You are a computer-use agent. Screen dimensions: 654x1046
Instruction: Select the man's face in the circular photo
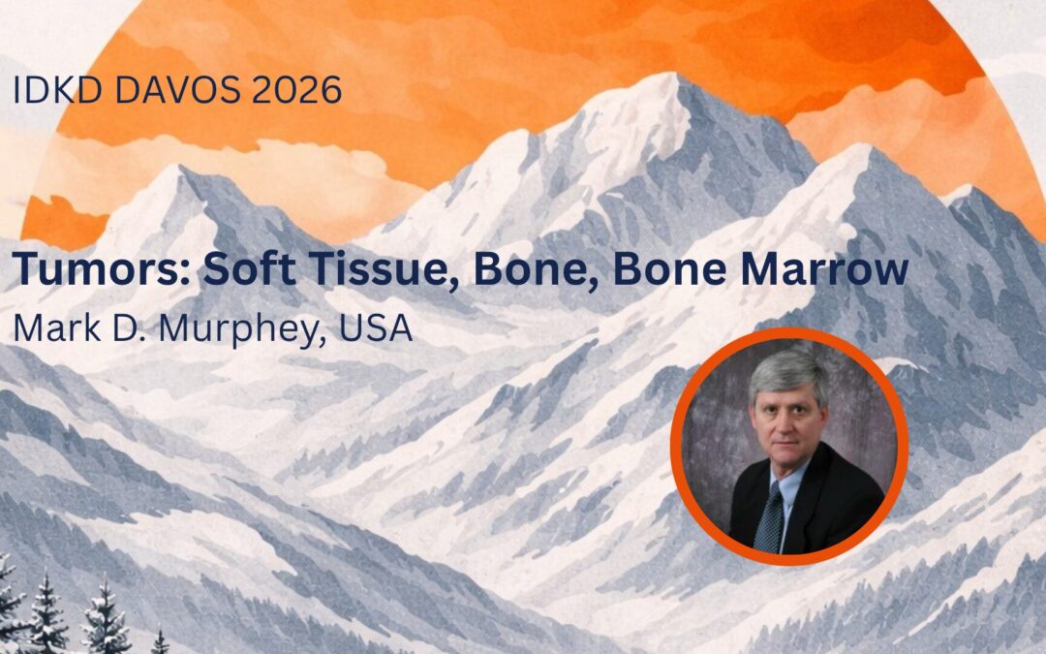[786, 417]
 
